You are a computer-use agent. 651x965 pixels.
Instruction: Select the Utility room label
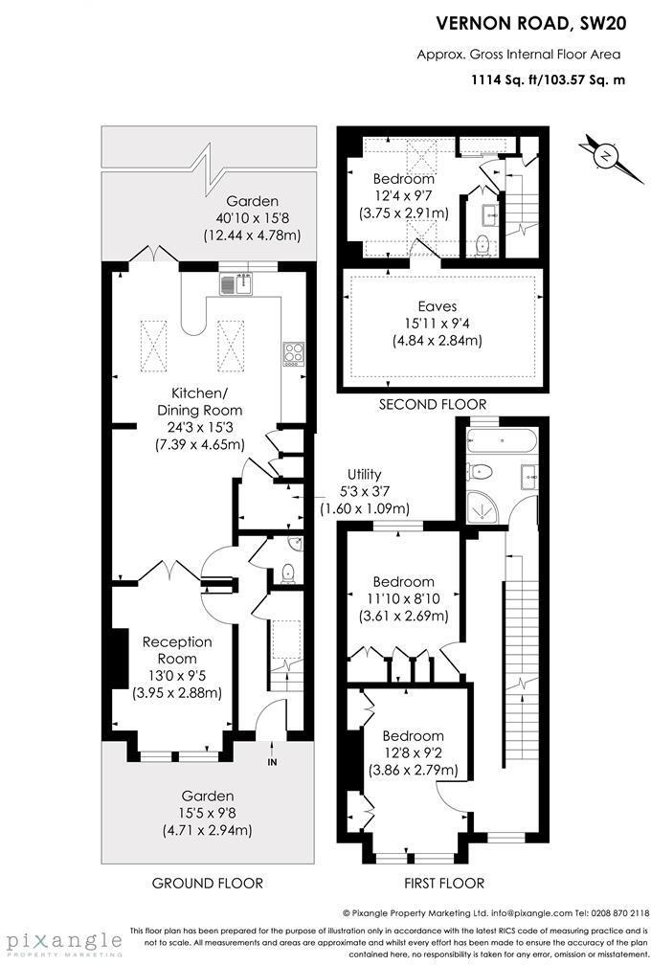point(364,475)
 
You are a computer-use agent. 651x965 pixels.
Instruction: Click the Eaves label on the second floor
point(437,306)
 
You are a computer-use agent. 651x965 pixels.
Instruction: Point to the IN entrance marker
point(272,762)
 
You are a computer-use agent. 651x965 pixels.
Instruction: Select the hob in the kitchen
point(291,353)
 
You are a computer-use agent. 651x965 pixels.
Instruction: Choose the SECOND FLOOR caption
point(433,404)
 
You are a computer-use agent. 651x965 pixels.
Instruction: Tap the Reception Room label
point(177,650)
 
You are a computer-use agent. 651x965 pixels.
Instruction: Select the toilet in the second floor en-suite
point(483,244)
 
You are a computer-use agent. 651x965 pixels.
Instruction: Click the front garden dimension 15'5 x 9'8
point(209,813)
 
